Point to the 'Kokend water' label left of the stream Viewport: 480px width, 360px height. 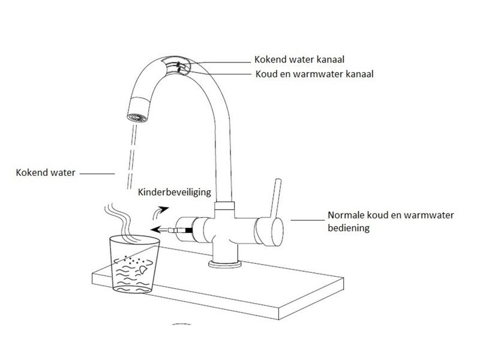point(45,173)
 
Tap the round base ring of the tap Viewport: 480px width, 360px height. point(224,263)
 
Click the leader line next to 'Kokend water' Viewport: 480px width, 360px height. point(97,173)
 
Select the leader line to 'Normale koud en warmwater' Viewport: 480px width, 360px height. point(307,221)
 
